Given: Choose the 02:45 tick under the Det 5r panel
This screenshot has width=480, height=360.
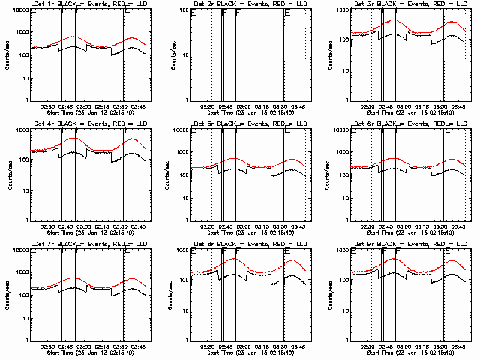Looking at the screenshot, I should [227, 226].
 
